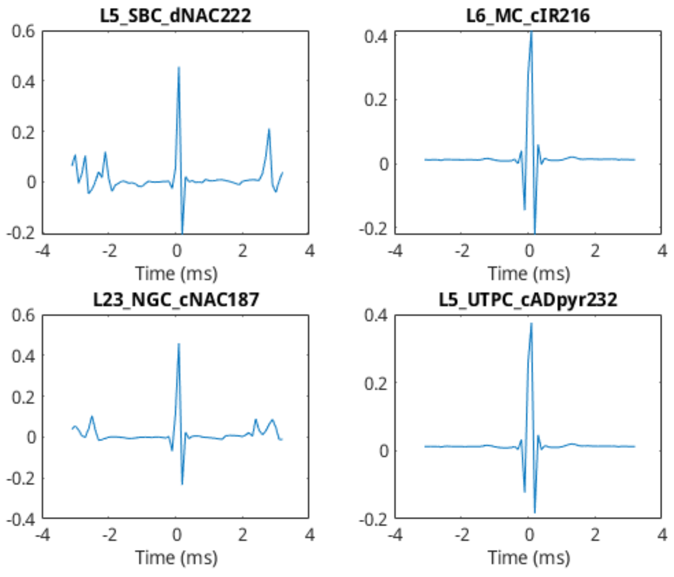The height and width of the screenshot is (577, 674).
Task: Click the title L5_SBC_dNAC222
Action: click(x=175, y=16)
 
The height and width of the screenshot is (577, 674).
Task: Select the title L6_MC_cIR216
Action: click(x=528, y=16)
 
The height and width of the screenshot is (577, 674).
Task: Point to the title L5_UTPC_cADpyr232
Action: click(x=528, y=300)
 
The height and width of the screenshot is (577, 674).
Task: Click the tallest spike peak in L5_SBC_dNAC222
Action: click(x=179, y=68)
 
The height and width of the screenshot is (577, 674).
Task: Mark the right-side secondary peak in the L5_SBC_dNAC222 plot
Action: click(x=269, y=130)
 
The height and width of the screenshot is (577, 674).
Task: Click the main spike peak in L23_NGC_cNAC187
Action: click(x=179, y=344)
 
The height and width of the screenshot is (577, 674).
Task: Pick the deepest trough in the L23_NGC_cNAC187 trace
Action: click(x=182, y=484)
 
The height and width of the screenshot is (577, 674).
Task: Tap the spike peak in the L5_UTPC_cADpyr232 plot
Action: click(x=531, y=324)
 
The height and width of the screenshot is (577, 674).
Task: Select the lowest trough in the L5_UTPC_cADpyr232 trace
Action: click(x=535, y=513)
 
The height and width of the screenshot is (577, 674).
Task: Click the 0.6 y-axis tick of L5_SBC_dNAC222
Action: click(x=23, y=32)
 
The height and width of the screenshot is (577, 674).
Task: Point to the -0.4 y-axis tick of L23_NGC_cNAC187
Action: click(x=21, y=520)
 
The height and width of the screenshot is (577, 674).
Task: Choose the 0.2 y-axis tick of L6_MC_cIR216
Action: click(x=376, y=100)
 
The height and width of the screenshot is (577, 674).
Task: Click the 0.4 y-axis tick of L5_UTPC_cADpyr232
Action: click(x=376, y=315)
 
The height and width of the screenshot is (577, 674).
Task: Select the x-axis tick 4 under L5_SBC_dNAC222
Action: click(x=310, y=251)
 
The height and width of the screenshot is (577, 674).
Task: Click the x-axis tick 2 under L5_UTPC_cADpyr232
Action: click(x=595, y=535)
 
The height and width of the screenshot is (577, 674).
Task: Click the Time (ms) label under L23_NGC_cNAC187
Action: click(x=176, y=558)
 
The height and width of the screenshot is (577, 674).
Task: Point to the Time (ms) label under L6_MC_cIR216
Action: click(x=529, y=274)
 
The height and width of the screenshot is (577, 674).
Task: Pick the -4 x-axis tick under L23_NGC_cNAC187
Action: click(x=43, y=535)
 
